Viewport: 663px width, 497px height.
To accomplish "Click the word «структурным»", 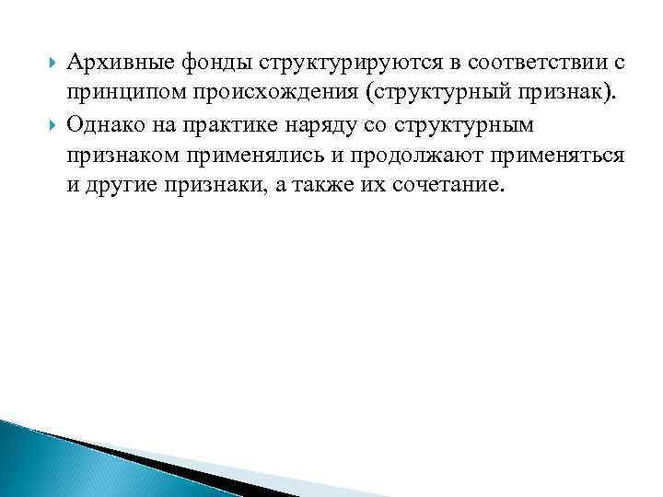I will pos(471,124).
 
